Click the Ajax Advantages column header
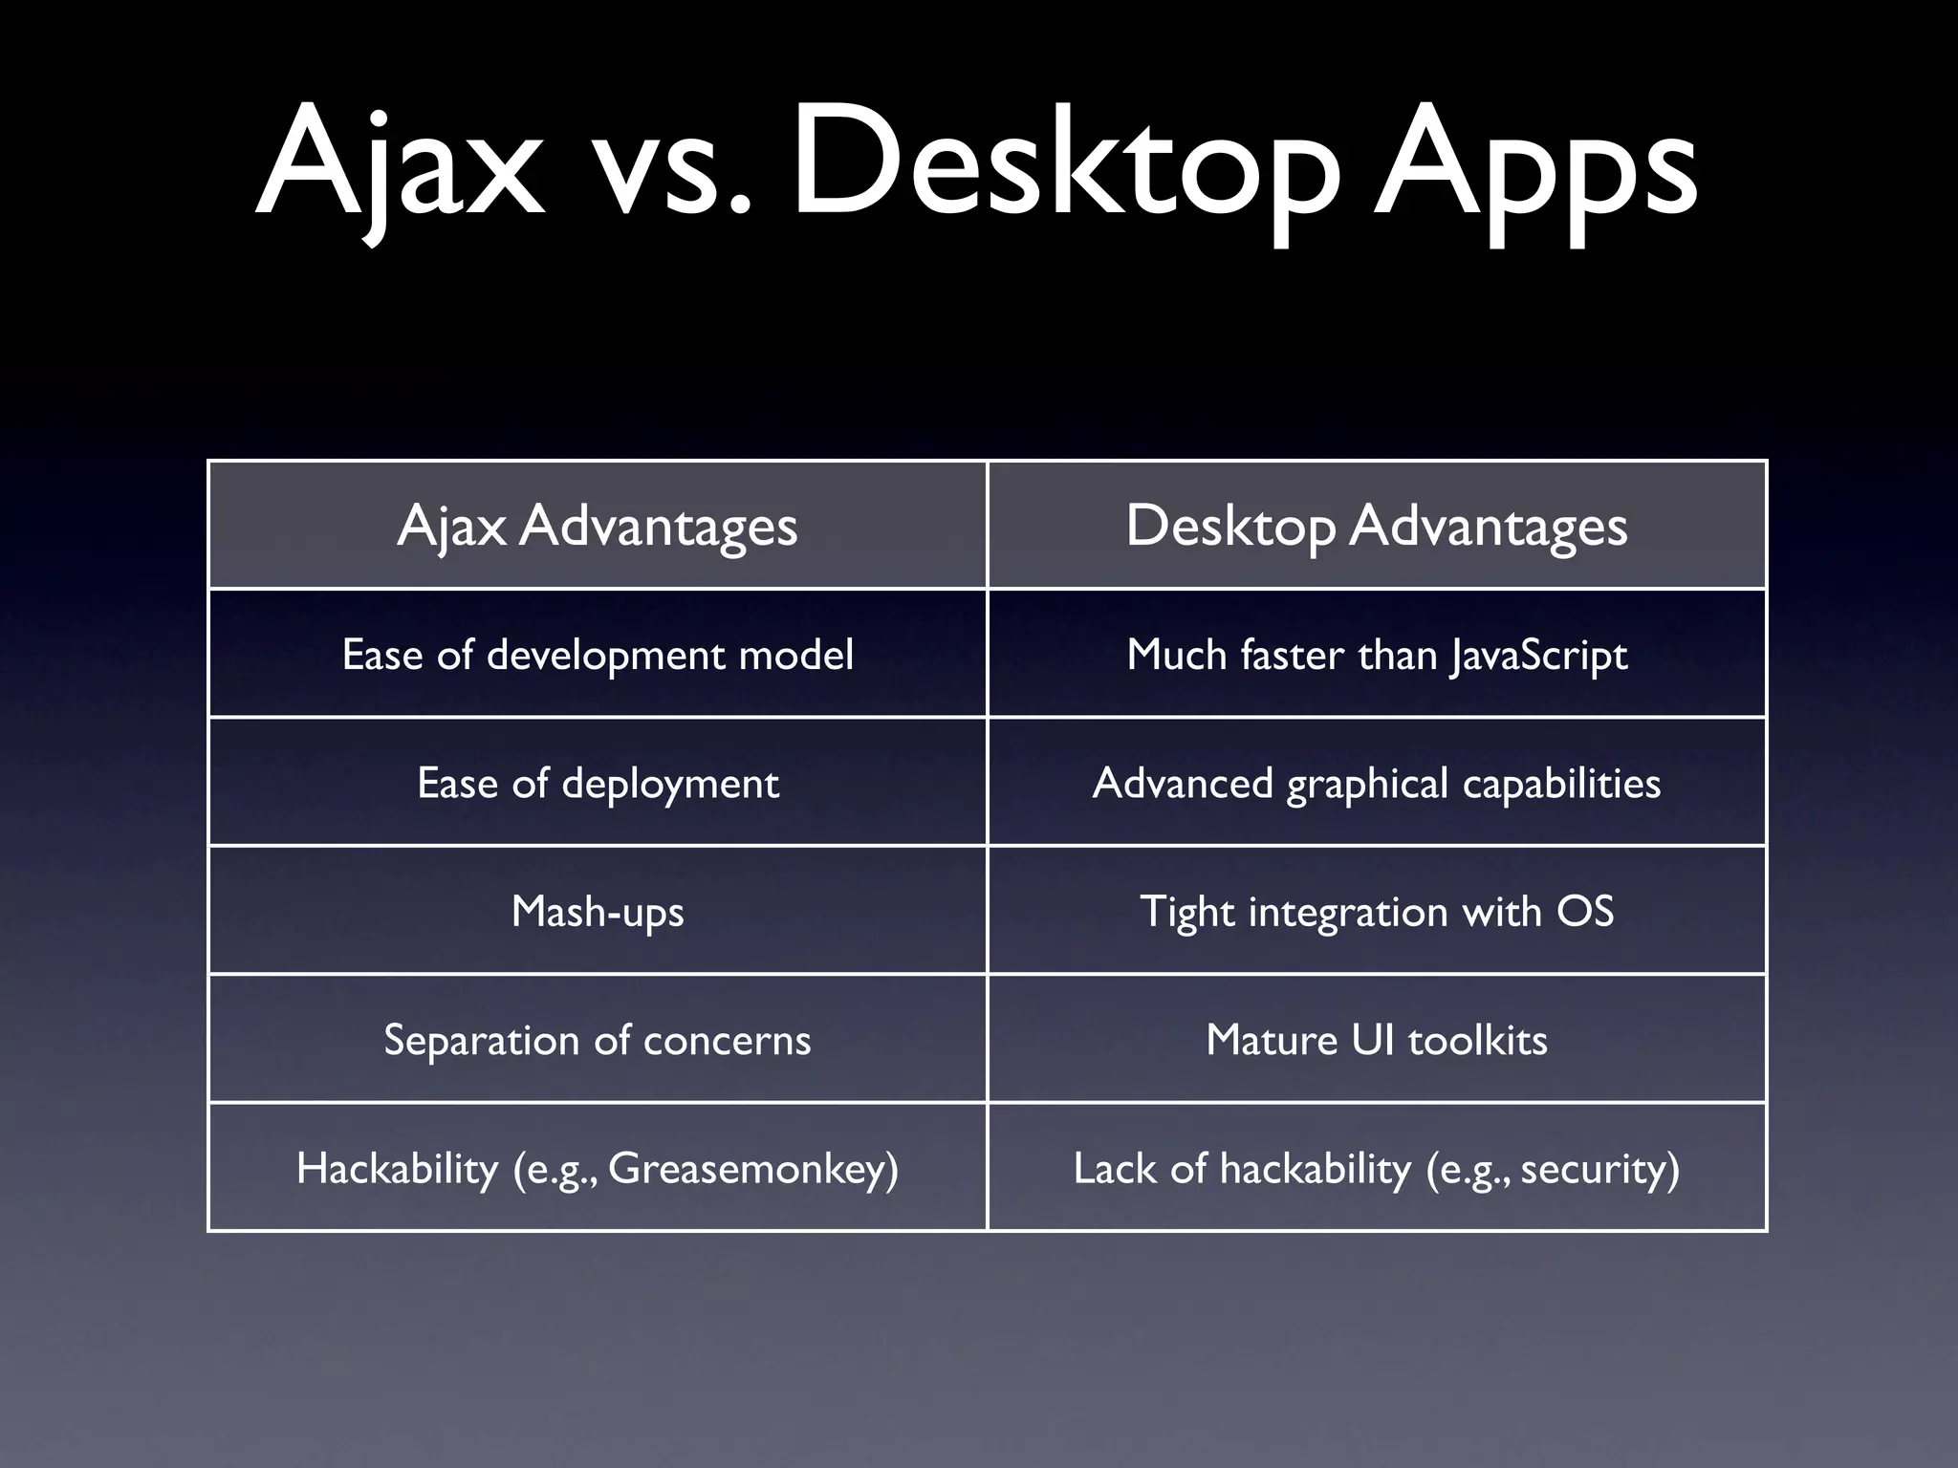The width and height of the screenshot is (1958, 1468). (x=598, y=526)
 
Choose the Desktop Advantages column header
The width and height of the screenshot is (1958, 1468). (x=1377, y=526)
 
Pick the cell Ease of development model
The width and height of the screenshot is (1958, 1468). (x=598, y=655)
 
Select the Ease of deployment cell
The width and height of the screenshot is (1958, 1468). (x=598, y=784)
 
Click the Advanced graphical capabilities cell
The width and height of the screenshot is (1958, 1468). (x=1377, y=784)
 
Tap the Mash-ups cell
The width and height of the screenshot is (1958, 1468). (x=598, y=912)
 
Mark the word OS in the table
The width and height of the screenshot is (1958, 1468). (x=1585, y=911)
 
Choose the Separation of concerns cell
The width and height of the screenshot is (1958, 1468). (x=598, y=1040)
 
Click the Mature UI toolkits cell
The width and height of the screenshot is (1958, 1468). (x=1377, y=1040)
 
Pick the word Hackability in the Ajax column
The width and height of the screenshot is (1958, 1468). (x=397, y=1169)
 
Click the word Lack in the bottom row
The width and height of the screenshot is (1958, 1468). (x=1112, y=1169)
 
